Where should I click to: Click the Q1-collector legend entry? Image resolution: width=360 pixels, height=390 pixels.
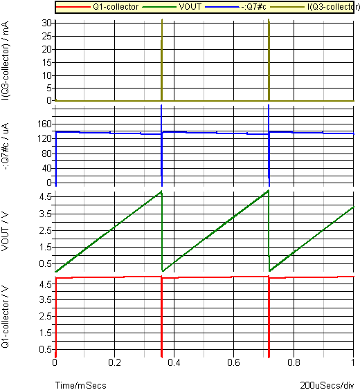pyautogui.click(x=116, y=7)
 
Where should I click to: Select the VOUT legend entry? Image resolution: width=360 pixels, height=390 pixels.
pyautogui.click(x=190, y=7)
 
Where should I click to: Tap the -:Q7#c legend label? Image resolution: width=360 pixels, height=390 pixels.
pyautogui.click(x=253, y=7)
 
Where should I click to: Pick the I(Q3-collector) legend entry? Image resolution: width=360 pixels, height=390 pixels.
pyautogui.click(x=332, y=7)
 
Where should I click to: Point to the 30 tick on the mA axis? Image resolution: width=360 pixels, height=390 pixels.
pyautogui.click(x=47, y=23)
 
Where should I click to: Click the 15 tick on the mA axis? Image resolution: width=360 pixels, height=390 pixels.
pyautogui.click(x=47, y=62)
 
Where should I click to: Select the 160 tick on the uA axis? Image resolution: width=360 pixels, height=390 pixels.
pyautogui.click(x=45, y=124)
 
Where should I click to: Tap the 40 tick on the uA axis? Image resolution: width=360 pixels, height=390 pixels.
pyautogui.click(x=47, y=169)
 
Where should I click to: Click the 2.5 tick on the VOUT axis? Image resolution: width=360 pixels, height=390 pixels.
pyautogui.click(x=45, y=230)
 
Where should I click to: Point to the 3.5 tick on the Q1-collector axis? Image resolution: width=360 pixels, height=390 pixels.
pyautogui.click(x=45, y=299)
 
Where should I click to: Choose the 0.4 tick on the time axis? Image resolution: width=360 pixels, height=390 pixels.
pyautogui.click(x=174, y=362)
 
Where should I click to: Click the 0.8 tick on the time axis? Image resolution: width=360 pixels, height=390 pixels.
pyautogui.click(x=294, y=362)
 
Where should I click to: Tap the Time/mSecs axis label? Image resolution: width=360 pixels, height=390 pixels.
pyautogui.click(x=81, y=385)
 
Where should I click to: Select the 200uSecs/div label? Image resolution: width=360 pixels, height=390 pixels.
pyautogui.click(x=327, y=385)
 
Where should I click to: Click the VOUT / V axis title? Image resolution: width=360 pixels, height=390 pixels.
pyautogui.click(x=5, y=232)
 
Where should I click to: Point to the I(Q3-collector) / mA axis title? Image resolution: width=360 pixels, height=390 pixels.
pyautogui.click(x=5, y=61)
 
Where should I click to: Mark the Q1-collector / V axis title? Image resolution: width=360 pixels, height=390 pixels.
pyautogui.click(x=5, y=317)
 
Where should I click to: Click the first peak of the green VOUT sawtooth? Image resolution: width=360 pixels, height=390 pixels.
pyautogui.click(x=161, y=191)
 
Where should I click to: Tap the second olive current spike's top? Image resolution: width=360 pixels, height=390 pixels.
pyautogui.click(x=269, y=19)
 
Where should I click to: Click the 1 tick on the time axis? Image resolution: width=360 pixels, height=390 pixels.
pyautogui.click(x=353, y=362)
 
